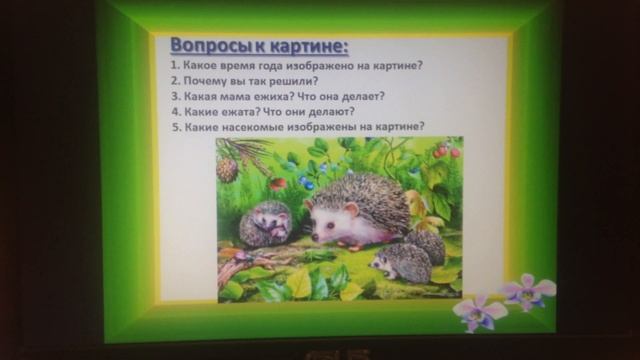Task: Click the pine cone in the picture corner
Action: point(228,168)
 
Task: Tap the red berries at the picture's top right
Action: point(446,151)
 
